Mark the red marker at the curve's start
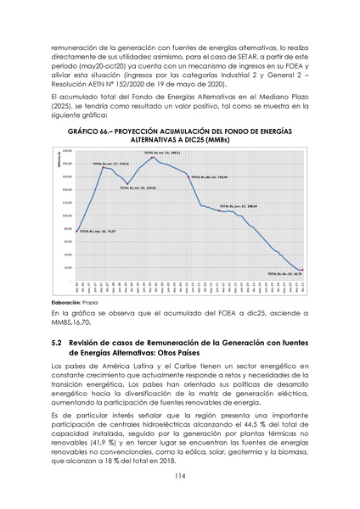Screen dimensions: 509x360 pyautogui.click(x=77, y=231)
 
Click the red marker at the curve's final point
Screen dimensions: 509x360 pyautogui.click(x=302, y=270)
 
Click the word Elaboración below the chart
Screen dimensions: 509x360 pyautogui.click(x=69, y=302)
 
